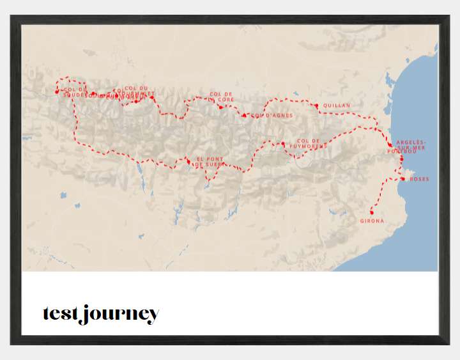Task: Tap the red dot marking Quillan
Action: pos(316,105)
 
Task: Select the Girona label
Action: pos(372,221)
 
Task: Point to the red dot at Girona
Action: pos(372,212)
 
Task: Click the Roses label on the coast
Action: pos(420,179)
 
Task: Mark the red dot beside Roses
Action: pos(402,178)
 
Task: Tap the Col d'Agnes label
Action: pos(272,116)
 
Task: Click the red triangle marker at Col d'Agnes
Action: pos(245,115)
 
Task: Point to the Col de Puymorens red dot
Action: pos(283,144)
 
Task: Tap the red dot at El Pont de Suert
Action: pos(188,161)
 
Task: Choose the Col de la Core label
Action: pos(222,97)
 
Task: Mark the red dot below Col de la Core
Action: pos(220,107)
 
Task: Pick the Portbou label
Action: pos(402,152)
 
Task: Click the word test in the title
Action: pos(61,314)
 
